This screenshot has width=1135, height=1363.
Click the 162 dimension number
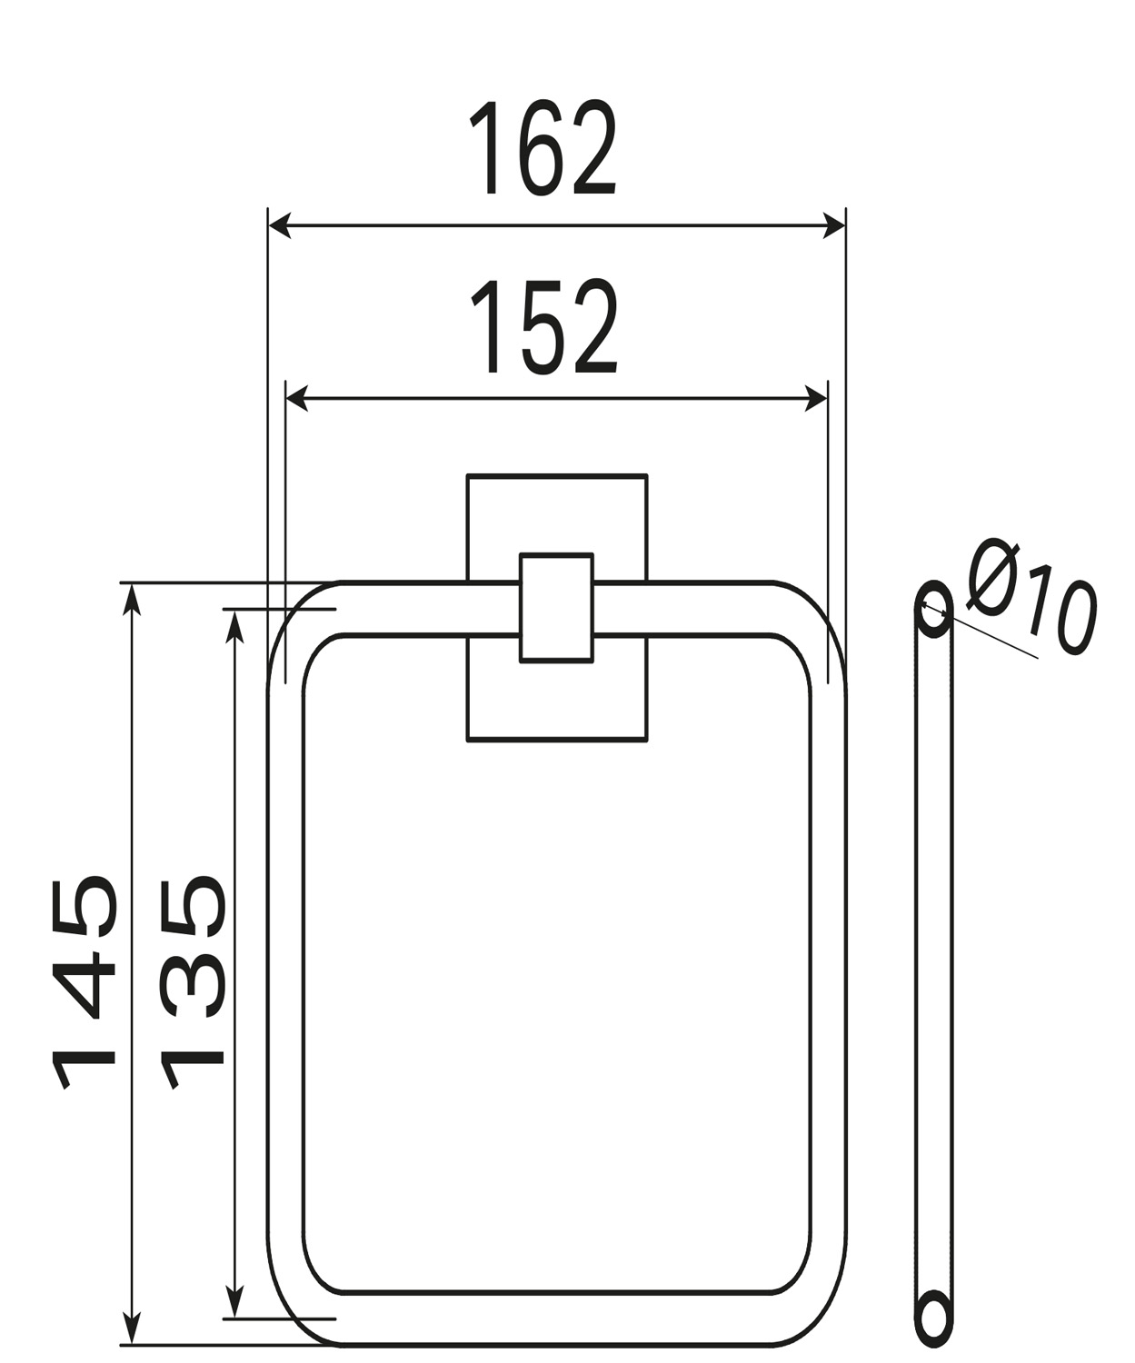click(543, 148)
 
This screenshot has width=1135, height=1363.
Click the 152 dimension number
click(544, 326)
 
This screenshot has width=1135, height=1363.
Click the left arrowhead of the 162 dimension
click(280, 226)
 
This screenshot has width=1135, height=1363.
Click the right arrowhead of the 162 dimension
click(834, 226)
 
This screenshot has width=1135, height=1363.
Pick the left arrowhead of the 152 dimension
click(298, 398)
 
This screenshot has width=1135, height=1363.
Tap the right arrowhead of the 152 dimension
click(816, 398)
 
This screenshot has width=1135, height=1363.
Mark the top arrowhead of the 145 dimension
click(132, 600)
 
